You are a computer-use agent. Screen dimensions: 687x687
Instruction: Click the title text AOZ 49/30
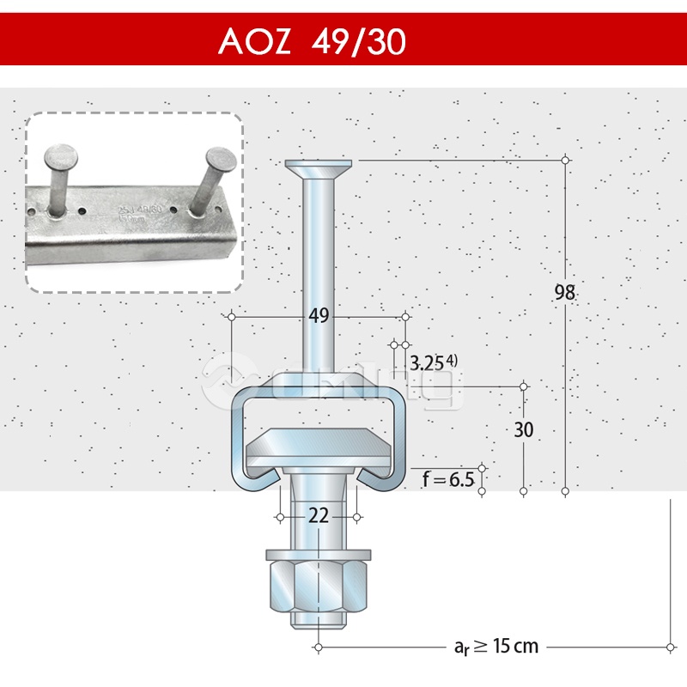[x=312, y=40]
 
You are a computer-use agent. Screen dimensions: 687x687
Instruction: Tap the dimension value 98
[x=564, y=292]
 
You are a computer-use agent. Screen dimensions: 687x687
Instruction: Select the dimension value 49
[x=319, y=316]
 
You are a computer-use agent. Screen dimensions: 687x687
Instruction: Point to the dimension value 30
[x=524, y=429]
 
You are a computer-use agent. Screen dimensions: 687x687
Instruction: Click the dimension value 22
[x=319, y=515]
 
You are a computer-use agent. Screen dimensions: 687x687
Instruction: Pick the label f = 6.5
[x=447, y=479]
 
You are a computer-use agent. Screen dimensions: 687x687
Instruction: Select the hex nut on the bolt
[x=319, y=583]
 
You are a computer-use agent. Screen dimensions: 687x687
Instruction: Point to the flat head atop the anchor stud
[x=319, y=165]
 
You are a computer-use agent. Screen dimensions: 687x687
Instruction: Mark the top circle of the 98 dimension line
[x=564, y=161]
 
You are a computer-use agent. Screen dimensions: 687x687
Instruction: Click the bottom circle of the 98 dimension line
[x=564, y=492]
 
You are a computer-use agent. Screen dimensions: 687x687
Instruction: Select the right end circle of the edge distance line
[x=669, y=646]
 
